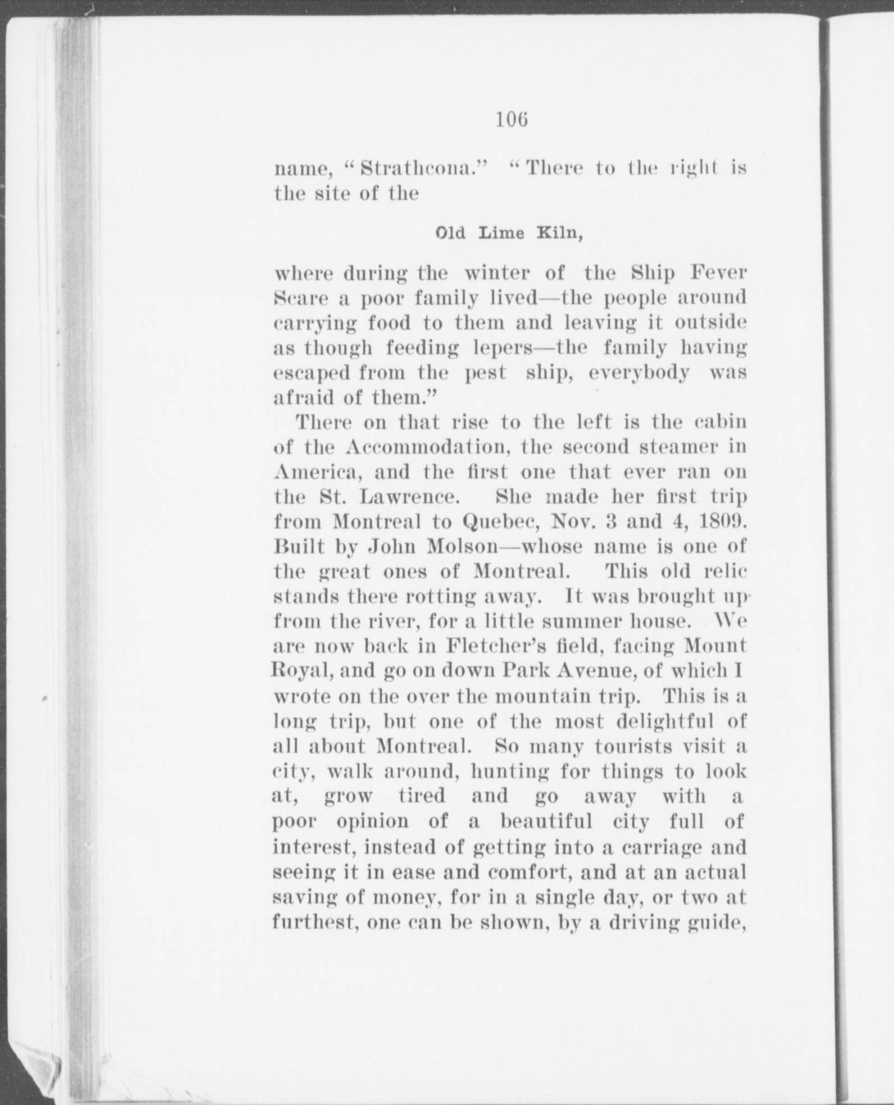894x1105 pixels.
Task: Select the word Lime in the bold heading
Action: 501,233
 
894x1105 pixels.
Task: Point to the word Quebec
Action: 501,522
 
